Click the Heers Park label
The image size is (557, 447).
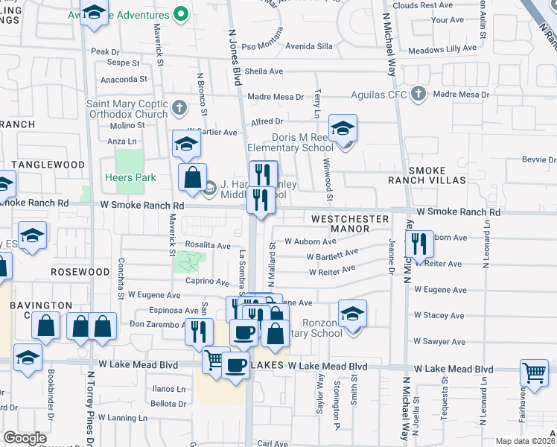tap(130, 177)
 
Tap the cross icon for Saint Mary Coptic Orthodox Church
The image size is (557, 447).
tap(179, 108)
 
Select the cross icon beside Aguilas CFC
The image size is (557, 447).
tap(418, 94)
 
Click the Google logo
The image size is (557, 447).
tap(25, 438)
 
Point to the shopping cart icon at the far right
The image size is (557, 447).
tap(534, 371)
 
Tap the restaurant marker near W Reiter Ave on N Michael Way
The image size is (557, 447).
tap(419, 244)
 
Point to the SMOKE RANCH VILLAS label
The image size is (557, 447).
tap(427, 175)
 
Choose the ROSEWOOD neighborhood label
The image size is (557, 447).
tap(80, 272)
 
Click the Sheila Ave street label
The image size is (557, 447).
tap(264, 72)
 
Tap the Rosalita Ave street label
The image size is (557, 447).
tap(210, 245)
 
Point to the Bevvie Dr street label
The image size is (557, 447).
tap(539, 159)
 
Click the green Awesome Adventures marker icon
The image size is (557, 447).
tap(180, 13)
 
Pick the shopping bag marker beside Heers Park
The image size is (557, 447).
tap(192, 177)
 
